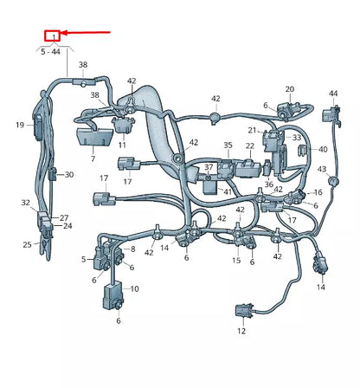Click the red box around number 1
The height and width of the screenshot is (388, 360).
click(54, 36)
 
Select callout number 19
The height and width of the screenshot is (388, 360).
click(19, 125)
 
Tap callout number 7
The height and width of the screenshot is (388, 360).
click(93, 159)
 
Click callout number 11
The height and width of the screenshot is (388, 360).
click(122, 146)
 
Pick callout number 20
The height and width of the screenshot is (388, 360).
click(290, 88)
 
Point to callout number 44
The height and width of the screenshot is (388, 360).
click(333, 93)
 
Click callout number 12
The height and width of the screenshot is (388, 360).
click(241, 331)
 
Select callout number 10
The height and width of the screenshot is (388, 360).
click(134, 288)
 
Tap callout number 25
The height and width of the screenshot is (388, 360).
click(27, 245)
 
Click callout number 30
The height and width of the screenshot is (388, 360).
click(69, 174)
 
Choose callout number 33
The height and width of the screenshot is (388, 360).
click(297, 137)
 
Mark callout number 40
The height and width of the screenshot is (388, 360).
click(323, 149)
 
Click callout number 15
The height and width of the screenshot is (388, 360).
click(236, 260)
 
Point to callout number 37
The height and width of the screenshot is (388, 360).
click(209, 166)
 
